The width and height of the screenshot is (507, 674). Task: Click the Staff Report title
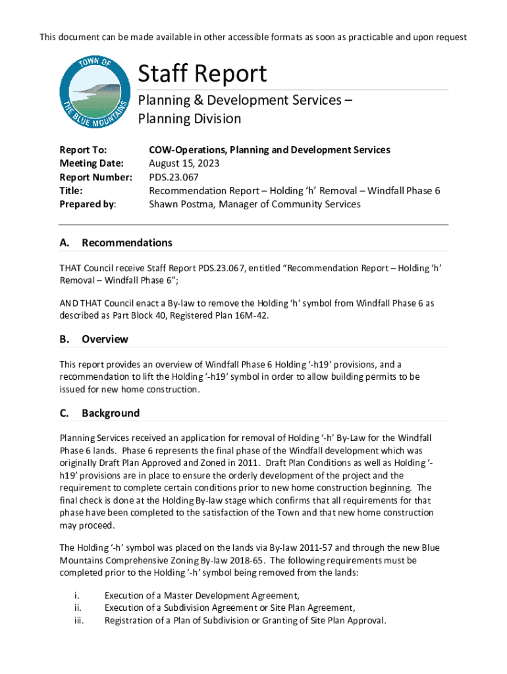coord(202,74)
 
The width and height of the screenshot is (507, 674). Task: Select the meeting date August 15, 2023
coord(184,163)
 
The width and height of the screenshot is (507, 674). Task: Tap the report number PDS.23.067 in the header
coord(174,177)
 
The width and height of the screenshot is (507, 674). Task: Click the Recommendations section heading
coord(127,243)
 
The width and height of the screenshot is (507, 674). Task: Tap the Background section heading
coord(111,413)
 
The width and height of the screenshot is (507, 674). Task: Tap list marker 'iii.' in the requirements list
coord(78,621)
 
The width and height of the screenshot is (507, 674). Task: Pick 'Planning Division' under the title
coord(189,119)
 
